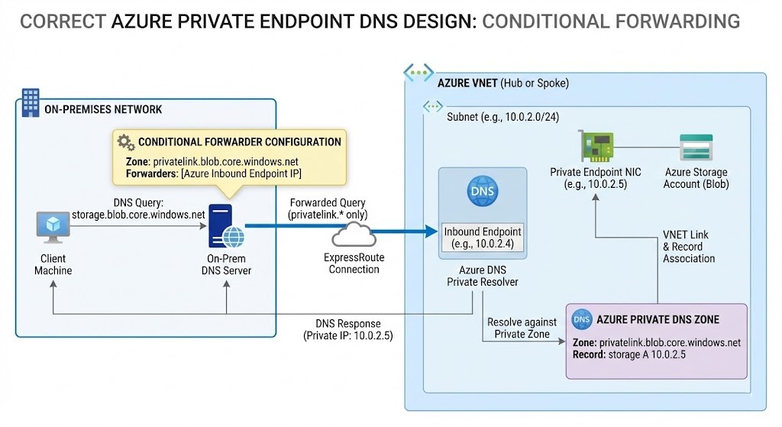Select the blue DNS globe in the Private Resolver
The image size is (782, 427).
[x=482, y=191]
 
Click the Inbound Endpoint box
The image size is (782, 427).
[x=482, y=238]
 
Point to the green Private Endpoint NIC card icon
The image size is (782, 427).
[x=598, y=144]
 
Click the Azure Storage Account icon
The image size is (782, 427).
[x=696, y=145]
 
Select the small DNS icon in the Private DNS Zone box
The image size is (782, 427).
[x=582, y=319]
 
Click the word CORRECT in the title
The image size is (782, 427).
[x=63, y=21]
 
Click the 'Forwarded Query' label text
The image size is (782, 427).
[x=327, y=202]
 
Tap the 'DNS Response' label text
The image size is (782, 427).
[x=347, y=323]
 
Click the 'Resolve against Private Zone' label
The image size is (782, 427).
[x=522, y=328]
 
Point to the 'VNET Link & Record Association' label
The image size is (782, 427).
[x=688, y=246]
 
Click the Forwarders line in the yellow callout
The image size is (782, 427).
[x=214, y=175]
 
